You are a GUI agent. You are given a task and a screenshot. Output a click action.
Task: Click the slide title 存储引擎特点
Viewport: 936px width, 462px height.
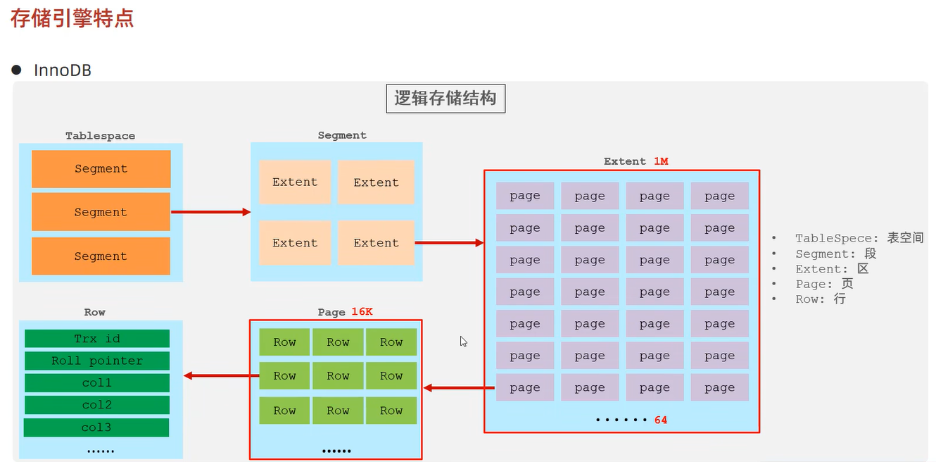coord(72,18)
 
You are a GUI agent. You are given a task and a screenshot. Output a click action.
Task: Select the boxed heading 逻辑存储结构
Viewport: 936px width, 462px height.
coord(445,99)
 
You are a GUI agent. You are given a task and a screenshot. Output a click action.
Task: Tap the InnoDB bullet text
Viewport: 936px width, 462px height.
coord(63,70)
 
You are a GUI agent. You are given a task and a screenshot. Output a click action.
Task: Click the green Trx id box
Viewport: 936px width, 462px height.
coord(97,339)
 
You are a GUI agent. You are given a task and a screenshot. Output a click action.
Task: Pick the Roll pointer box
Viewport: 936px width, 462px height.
coord(97,361)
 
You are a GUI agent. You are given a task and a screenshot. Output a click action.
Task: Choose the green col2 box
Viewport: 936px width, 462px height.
coord(97,405)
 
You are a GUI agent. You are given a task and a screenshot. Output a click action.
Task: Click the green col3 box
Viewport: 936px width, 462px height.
coord(96,427)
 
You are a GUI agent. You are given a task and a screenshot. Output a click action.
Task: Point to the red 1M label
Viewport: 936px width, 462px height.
coord(660,161)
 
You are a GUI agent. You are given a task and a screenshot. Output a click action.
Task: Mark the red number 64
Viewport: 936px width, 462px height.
coord(660,420)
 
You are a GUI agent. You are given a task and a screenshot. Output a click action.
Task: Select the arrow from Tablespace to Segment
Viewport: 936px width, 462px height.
coord(210,212)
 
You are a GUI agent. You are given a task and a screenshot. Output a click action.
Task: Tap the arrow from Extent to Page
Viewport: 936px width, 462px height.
coord(458,387)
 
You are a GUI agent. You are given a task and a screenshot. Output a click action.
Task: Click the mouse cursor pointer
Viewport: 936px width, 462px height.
coord(464,342)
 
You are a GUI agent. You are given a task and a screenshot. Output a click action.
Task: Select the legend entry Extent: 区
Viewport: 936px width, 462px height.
coord(832,269)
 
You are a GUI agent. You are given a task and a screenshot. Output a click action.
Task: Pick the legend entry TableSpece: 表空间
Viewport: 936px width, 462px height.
coord(859,238)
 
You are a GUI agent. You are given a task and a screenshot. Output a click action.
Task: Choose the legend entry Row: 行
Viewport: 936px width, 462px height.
coord(820,299)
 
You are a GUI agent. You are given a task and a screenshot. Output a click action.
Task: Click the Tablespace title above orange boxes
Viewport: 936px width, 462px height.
coord(100,136)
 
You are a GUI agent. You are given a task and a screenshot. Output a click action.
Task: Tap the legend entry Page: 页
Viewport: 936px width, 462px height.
coord(823,284)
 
